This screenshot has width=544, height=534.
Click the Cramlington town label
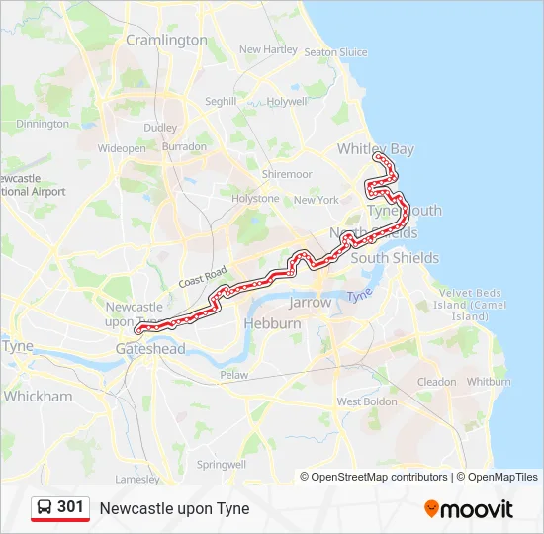click(x=166, y=41)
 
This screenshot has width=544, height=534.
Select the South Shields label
click(x=395, y=258)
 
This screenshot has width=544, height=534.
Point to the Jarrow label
click(x=311, y=303)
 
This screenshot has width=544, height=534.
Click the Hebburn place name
click(x=272, y=323)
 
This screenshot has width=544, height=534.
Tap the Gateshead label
click(x=150, y=349)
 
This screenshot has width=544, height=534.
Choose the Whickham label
click(x=38, y=396)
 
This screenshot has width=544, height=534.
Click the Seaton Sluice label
click(x=335, y=52)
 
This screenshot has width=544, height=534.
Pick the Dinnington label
click(x=43, y=124)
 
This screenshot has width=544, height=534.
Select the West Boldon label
click(x=362, y=401)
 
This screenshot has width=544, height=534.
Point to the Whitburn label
click(x=488, y=381)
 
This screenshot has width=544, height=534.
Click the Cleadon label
click(x=436, y=381)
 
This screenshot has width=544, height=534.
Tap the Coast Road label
click(x=203, y=277)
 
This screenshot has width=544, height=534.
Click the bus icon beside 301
click(x=45, y=508)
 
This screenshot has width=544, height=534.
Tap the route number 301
click(x=70, y=507)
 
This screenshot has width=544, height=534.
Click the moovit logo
click(x=469, y=509)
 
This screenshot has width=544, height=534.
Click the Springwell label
click(x=221, y=464)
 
